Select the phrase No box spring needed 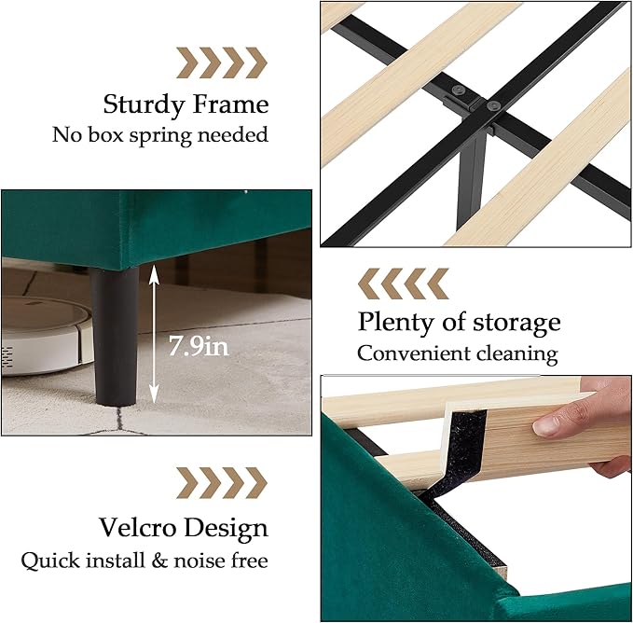[x=159, y=134]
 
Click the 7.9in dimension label [x=198, y=347]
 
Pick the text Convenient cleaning [x=458, y=353]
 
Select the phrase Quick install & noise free [x=144, y=561]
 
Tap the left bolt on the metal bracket [x=458, y=91]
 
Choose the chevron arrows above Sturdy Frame [x=222, y=62]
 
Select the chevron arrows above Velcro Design [x=222, y=483]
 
